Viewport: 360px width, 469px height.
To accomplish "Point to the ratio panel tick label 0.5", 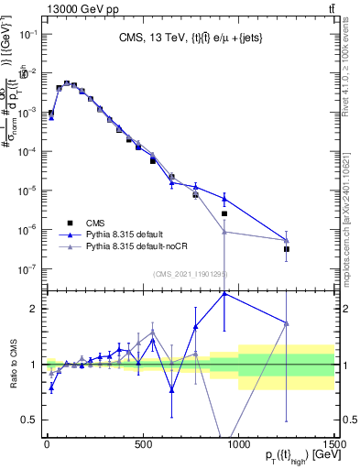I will point(30,420).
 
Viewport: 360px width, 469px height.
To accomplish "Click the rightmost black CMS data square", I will point(287,248).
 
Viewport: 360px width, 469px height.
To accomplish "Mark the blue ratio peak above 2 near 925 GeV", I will point(224,293).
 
